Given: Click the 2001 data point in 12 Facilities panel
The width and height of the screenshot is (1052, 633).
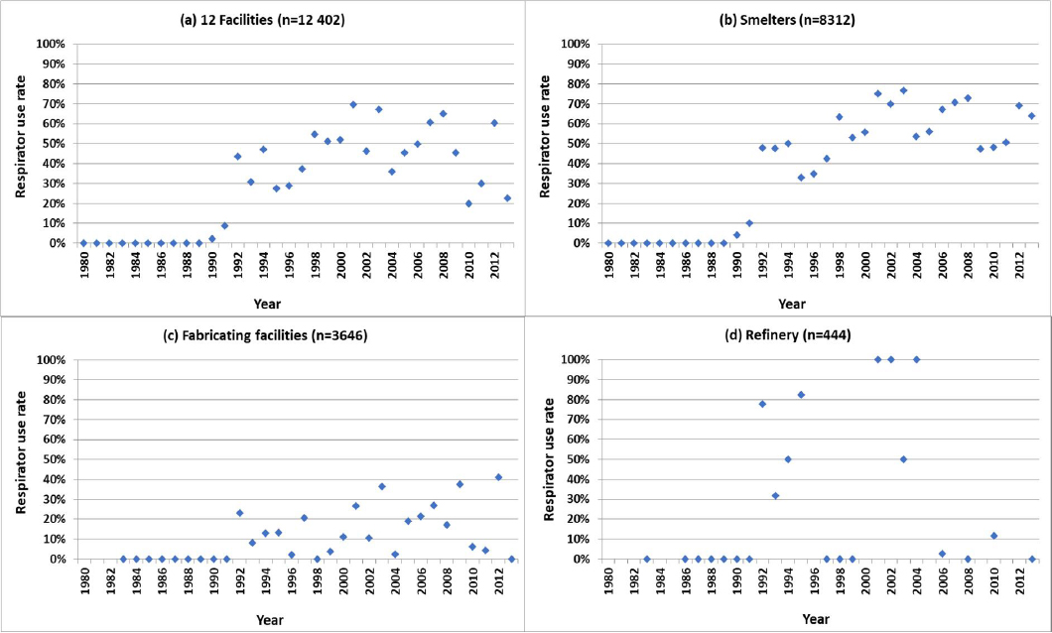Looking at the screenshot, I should [x=353, y=104].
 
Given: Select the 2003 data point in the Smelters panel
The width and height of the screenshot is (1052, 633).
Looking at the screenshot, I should [x=903, y=90].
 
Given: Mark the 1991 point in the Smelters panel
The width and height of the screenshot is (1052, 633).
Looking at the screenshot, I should [x=749, y=223].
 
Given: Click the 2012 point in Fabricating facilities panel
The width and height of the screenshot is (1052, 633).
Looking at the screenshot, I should [x=498, y=477].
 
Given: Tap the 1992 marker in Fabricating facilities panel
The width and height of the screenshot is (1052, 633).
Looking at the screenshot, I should [x=239, y=513].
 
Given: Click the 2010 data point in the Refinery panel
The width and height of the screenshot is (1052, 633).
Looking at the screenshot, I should [x=993, y=536].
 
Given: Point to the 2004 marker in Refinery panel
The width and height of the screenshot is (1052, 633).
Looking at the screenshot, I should [x=916, y=359].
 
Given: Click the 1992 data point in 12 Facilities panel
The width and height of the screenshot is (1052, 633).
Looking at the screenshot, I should [x=237, y=157].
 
